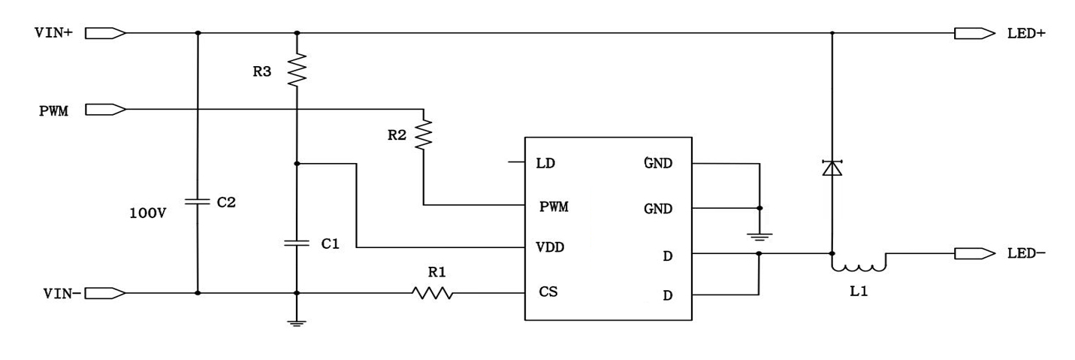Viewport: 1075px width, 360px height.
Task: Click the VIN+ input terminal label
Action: [53, 33]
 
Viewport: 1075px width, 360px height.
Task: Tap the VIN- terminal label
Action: [58, 293]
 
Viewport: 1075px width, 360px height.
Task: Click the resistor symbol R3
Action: [297, 69]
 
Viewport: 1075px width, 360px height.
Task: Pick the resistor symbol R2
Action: [424, 134]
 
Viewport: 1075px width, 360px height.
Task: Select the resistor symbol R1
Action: [433, 293]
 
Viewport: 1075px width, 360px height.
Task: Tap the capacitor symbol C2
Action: [198, 202]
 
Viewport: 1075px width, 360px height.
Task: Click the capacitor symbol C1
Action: [297, 243]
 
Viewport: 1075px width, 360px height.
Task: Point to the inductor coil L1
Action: [859, 265]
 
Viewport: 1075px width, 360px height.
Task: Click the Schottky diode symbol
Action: [832, 168]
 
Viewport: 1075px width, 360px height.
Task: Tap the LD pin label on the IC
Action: [545, 163]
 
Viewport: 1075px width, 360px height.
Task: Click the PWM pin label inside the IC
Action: [554, 207]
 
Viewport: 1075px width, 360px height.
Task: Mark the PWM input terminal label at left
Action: [54, 111]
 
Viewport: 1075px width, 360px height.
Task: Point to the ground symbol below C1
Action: [297, 322]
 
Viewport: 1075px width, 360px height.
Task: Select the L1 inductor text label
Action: [859, 292]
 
